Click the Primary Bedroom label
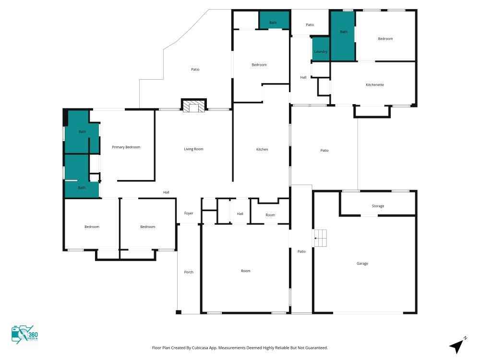pyautogui.click(x=126, y=147)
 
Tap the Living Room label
pyautogui.click(x=193, y=149)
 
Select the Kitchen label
pyautogui.click(x=262, y=149)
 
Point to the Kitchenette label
pyautogui.click(x=375, y=85)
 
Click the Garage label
pyautogui.click(x=362, y=263)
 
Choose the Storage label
pyautogui.click(x=378, y=206)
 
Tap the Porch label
pyautogui.click(x=189, y=272)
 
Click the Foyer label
pyautogui.click(x=189, y=214)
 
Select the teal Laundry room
pyautogui.click(x=321, y=49)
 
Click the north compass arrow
pyautogui.click(x=457, y=345)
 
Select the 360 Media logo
pyautogui.click(x=25, y=335)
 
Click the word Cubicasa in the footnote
pyautogui.click(x=200, y=348)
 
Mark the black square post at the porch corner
pyautogui.click(x=179, y=312)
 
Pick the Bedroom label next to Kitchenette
pyautogui.click(x=385, y=39)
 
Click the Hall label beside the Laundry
pyautogui.click(x=303, y=77)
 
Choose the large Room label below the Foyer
pyautogui.click(x=245, y=271)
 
